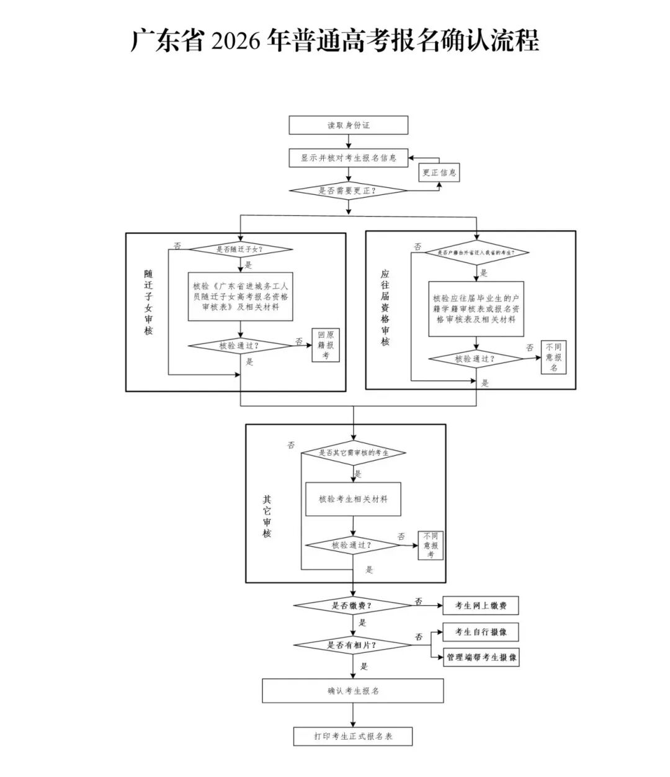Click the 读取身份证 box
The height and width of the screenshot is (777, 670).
coord(348,125)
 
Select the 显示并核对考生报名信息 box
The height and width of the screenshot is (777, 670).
coord(348,158)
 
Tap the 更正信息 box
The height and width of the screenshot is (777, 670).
coord(439,173)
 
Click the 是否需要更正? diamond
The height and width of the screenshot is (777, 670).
coord(348,191)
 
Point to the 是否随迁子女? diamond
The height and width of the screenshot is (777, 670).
coord(240,250)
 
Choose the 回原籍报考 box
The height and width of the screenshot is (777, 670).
coord(326,345)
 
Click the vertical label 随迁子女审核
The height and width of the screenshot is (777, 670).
coord(148,302)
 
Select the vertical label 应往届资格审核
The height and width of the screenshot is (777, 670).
coord(385,307)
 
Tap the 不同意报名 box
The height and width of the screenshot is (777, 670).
coord(553,357)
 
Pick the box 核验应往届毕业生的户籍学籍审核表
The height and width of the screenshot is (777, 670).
coord(476,309)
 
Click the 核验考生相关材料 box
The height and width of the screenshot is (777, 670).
coord(353,499)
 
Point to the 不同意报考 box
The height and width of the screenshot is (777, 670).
coord(431,546)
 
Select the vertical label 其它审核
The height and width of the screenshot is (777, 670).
coord(267,516)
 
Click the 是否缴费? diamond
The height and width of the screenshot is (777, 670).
coord(352,605)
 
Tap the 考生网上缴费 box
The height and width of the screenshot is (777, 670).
coord(480,605)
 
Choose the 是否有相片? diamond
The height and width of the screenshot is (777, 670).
coord(352,645)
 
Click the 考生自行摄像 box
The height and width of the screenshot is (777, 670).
coord(480,632)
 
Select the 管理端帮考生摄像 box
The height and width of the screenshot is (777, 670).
coord(481,657)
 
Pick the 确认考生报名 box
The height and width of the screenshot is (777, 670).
coord(352,690)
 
